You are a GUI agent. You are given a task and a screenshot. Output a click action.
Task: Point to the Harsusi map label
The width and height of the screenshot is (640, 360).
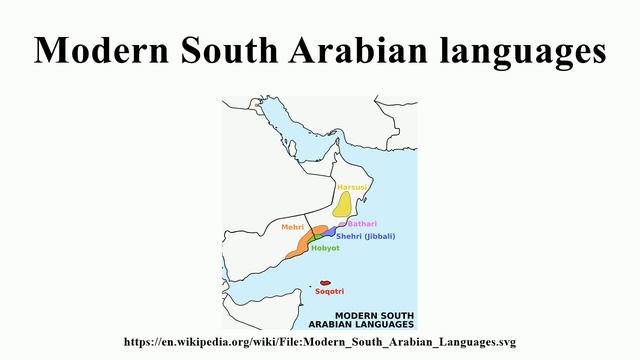(x=353, y=187)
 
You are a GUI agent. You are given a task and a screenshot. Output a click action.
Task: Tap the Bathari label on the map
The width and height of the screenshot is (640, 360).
(x=362, y=223)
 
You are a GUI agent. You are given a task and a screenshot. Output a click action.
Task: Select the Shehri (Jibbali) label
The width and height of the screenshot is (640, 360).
(x=372, y=236)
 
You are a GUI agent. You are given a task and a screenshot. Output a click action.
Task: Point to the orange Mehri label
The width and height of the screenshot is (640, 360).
(x=292, y=227)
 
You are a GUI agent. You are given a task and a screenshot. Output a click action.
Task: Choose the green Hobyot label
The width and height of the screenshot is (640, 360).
(x=325, y=248)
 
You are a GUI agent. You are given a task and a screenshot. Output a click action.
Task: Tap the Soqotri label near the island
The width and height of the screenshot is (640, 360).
(x=329, y=292)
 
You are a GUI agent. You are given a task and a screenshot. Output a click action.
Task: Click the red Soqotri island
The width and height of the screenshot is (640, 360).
(x=324, y=282)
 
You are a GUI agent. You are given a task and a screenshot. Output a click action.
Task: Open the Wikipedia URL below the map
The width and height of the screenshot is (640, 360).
(x=320, y=342)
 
